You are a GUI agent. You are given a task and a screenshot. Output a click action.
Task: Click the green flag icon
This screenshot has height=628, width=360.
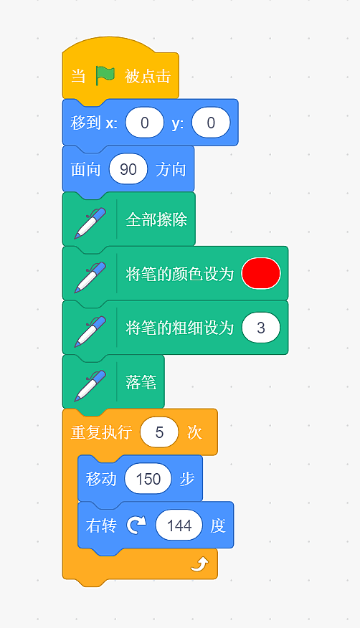(105, 76)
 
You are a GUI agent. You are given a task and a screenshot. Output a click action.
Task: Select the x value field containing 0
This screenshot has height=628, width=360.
(145, 123)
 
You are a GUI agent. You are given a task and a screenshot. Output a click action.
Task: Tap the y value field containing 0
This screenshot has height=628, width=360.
(211, 123)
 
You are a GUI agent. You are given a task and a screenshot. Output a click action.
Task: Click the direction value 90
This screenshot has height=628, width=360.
(128, 169)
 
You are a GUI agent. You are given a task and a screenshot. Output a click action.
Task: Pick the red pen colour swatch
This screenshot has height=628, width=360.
(261, 273)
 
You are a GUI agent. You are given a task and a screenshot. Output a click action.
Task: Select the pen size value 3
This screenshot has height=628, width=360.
(261, 328)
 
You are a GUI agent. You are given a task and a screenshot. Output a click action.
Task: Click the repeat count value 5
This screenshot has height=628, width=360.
(159, 432)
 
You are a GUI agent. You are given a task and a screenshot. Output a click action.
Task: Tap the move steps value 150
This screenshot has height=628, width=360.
(148, 479)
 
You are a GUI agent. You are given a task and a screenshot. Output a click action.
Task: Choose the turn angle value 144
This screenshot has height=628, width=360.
(179, 525)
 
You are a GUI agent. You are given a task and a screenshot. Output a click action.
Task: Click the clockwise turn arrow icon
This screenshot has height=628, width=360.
(136, 525)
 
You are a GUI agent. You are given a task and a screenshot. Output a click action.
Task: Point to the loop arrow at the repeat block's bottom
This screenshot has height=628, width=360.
(199, 564)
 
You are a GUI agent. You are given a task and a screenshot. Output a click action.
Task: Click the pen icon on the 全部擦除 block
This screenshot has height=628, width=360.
(90, 223)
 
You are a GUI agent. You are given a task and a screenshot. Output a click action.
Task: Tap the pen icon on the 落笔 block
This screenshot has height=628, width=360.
(90, 386)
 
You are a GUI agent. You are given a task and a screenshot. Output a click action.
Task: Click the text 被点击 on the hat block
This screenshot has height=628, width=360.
(148, 76)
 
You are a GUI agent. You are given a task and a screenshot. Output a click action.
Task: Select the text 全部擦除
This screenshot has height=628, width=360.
(156, 219)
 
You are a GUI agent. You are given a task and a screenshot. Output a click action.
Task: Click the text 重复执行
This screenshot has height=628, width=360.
(101, 432)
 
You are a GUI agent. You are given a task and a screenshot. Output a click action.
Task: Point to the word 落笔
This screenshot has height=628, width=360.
(141, 382)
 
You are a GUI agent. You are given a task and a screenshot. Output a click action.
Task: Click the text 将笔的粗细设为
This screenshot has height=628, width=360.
(179, 328)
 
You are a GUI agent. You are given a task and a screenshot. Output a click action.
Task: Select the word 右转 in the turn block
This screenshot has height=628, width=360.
(101, 525)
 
